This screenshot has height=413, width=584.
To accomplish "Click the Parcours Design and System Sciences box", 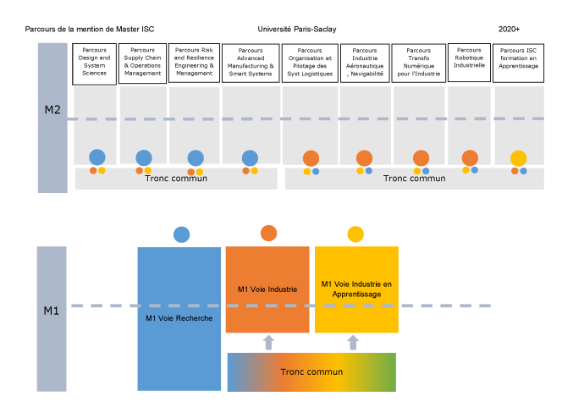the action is pos(94,64).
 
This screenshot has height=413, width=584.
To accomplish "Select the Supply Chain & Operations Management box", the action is pos(142,63).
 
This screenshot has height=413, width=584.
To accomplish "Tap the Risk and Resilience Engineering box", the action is pos(194,63).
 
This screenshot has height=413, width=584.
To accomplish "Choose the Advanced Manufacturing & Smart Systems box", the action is pos(251,63).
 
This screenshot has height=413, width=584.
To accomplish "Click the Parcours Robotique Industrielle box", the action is pos(469,63).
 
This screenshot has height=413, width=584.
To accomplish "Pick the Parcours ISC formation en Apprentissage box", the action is pos(518,63).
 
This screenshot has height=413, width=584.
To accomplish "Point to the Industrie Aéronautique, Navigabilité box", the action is pos(365,63).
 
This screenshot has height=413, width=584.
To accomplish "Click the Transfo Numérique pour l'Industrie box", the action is pos(419,63).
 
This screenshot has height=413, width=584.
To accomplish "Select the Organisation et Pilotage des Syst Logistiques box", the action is pos(310,63).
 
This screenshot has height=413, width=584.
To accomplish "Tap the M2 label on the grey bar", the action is pos(52,109).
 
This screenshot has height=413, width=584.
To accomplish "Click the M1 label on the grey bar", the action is pos(52,311).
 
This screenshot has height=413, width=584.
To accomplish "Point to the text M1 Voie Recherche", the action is pos(179,318).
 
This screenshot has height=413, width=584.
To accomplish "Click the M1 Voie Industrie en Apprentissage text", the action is pos(356,289).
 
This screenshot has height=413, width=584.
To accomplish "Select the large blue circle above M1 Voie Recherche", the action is pos(181,234).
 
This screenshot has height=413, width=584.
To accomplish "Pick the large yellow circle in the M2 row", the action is pos(519,158).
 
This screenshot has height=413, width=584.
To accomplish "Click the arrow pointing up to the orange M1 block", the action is pos(268,342).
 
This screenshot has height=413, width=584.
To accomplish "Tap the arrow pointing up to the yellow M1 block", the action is pos(353,342).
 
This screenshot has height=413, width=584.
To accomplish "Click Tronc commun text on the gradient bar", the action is pos(311,372).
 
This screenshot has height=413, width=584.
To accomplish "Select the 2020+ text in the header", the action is pos(509,29).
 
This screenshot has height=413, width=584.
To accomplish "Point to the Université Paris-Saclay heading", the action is pos(297,29).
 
